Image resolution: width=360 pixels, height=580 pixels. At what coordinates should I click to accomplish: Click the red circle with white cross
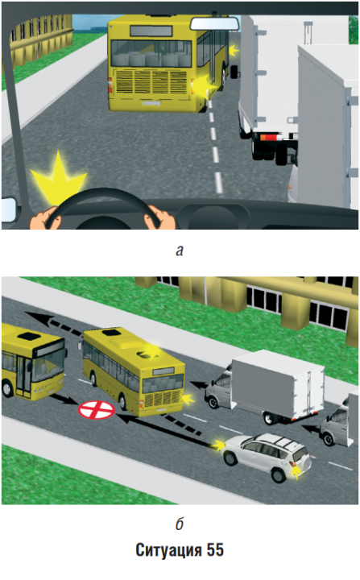tap(96, 410)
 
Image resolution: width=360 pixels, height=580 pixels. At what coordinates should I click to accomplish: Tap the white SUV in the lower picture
tap(266, 457)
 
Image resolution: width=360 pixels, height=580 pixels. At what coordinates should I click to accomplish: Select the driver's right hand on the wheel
tap(159, 217)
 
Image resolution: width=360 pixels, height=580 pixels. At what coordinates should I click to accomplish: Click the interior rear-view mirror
tap(214, 23)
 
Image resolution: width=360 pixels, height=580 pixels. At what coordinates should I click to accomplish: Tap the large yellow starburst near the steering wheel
tap(59, 177)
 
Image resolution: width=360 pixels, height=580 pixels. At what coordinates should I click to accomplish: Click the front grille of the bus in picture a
tap(151, 82)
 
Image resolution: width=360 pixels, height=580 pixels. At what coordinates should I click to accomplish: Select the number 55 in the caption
tap(215, 550)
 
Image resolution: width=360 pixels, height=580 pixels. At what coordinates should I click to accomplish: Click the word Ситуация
tap(168, 550)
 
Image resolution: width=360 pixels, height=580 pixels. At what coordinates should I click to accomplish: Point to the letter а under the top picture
tap(180, 251)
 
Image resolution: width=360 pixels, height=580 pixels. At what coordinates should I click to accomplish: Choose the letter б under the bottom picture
tap(180, 524)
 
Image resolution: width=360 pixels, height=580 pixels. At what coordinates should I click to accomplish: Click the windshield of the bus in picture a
tap(151, 53)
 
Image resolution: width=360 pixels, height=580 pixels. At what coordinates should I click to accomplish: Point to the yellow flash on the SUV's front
tap(217, 445)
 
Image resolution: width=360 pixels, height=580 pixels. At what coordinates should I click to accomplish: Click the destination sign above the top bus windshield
tap(151, 31)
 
